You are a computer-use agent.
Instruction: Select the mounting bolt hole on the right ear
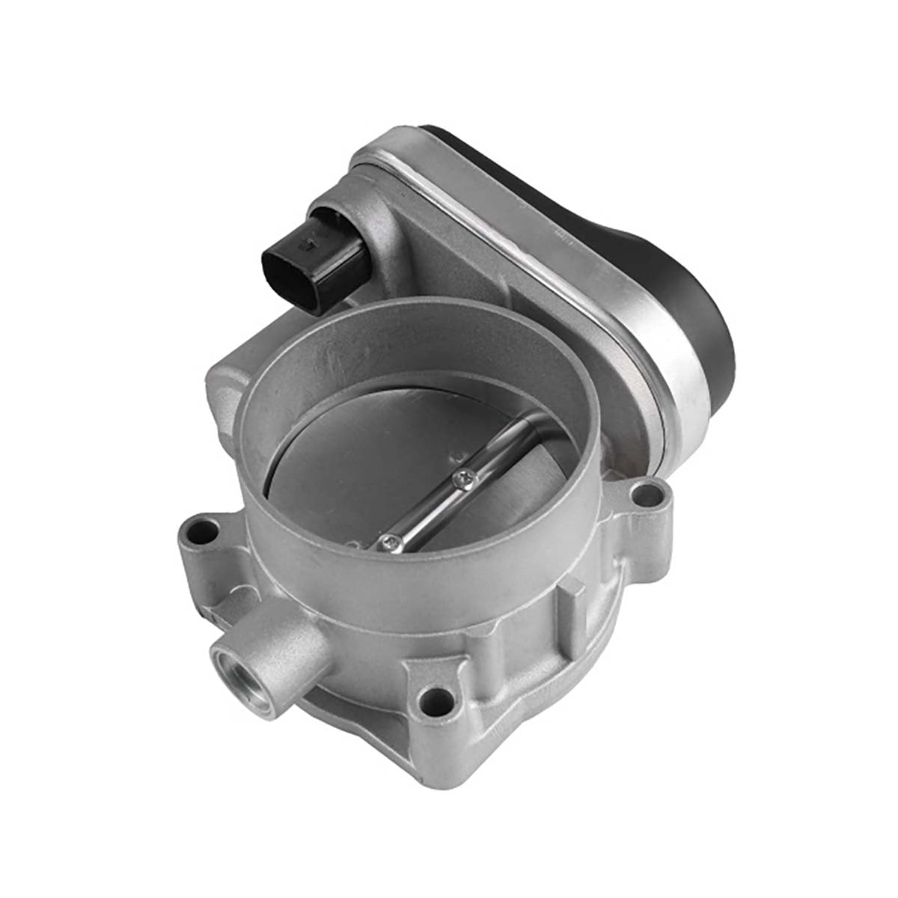click(x=641, y=494)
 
